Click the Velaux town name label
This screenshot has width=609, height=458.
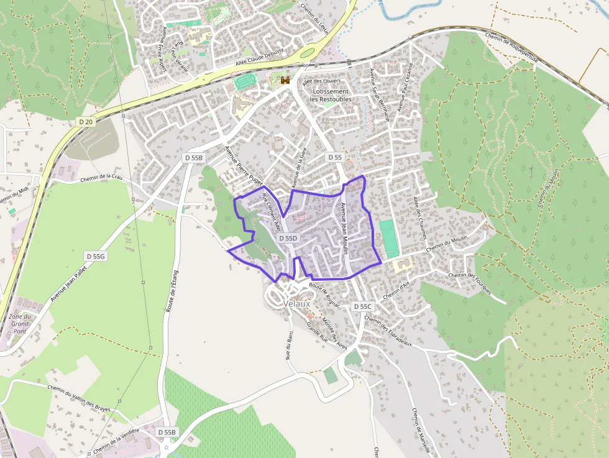click(296, 303)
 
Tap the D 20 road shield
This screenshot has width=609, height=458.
click(86, 122)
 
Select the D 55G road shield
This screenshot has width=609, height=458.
click(96, 256)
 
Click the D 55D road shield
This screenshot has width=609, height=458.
click(288, 238)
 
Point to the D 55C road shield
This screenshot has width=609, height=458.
click(362, 306)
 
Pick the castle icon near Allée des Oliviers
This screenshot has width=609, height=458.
click(286, 80)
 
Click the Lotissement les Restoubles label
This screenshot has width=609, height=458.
click(330, 95)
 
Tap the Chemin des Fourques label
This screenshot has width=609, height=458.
click(469, 283)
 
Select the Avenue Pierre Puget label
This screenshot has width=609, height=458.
click(244, 165)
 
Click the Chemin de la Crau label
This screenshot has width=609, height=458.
click(103, 178)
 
